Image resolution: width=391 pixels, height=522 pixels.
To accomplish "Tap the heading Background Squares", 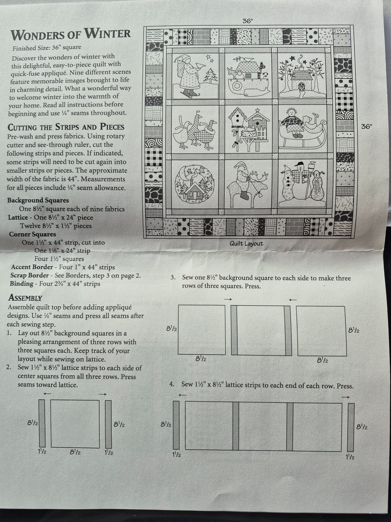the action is [x=38, y=200].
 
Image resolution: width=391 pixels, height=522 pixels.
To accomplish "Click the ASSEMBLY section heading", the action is [x=25, y=298].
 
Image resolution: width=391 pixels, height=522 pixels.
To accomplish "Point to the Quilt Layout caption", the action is [x=246, y=243].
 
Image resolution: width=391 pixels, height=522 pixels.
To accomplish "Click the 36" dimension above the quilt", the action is [x=247, y=21].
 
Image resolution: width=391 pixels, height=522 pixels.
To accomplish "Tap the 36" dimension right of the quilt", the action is [x=367, y=126].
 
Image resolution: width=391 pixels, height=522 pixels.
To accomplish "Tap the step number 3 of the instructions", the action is [x=173, y=278].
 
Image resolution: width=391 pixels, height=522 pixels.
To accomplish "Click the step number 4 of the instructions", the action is [x=172, y=384].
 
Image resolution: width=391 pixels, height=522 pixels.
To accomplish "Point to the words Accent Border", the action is [x=32, y=267].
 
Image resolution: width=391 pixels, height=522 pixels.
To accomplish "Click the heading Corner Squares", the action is [x=33, y=234].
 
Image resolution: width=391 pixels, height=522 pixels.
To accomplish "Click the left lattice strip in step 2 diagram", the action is [x=42, y=423].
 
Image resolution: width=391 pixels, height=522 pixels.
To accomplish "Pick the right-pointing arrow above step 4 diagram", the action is [x=346, y=397].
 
